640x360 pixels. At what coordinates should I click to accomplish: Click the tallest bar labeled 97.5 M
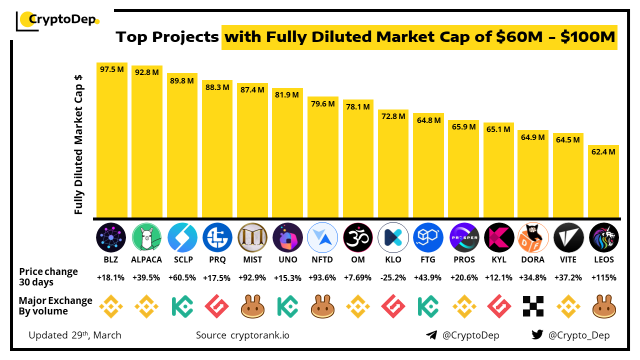click(112, 140)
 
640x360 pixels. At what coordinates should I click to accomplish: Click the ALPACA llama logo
click(147, 237)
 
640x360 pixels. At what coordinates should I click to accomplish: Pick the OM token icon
click(358, 237)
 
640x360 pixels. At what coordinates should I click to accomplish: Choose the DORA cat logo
click(533, 237)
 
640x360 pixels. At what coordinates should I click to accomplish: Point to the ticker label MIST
click(252, 259)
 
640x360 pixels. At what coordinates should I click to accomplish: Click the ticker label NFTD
click(322, 259)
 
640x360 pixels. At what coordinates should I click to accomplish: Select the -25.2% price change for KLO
click(393, 277)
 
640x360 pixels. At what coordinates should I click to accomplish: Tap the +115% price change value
click(603, 277)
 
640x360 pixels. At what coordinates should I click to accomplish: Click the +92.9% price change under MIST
click(252, 277)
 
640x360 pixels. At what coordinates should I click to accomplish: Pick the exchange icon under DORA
click(533, 306)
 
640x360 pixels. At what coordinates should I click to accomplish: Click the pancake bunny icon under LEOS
click(603, 306)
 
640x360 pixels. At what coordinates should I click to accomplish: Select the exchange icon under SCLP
click(182, 306)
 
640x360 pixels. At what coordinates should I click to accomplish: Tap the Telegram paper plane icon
click(431, 335)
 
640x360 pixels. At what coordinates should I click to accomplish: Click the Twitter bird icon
click(537, 335)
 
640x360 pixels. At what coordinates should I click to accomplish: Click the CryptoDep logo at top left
click(57, 20)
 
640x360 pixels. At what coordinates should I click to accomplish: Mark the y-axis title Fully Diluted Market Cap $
click(78, 145)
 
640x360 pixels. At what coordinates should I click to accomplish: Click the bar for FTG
click(428, 165)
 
